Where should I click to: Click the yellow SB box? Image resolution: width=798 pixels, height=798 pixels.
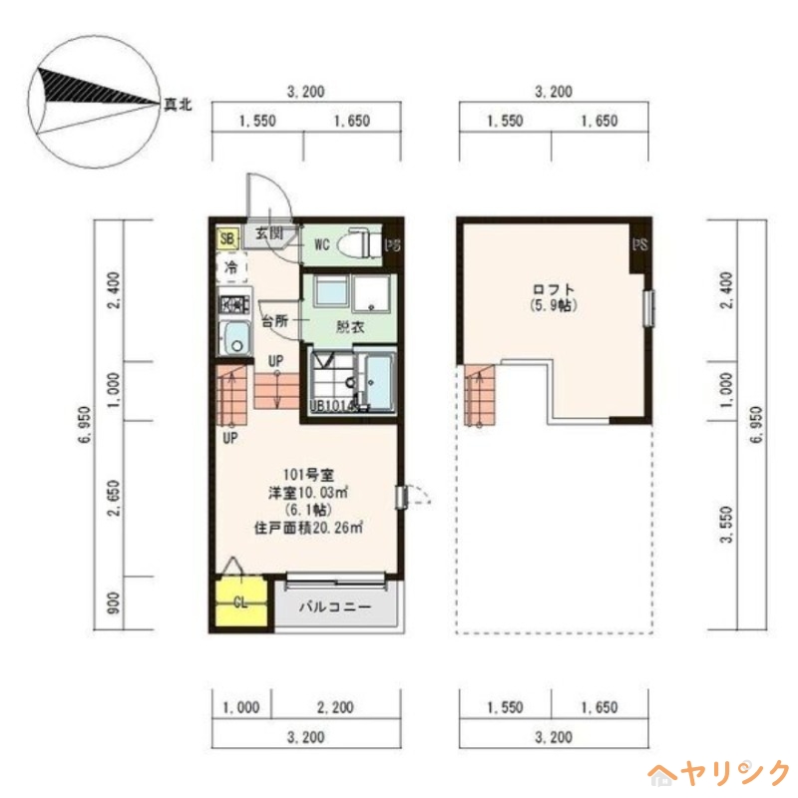point(227,238)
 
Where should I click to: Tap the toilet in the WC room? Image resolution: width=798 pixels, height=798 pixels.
point(358,242)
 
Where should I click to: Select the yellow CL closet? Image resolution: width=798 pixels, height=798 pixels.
point(240,601)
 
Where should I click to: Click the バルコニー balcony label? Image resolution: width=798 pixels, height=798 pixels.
point(334,606)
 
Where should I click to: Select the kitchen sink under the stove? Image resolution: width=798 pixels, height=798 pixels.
point(234,339)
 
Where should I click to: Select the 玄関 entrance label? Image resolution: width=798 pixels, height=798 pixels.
point(267,233)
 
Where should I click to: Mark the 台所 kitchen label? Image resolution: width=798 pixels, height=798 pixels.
point(275,322)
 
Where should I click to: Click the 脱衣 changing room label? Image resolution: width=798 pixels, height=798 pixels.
point(349,326)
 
